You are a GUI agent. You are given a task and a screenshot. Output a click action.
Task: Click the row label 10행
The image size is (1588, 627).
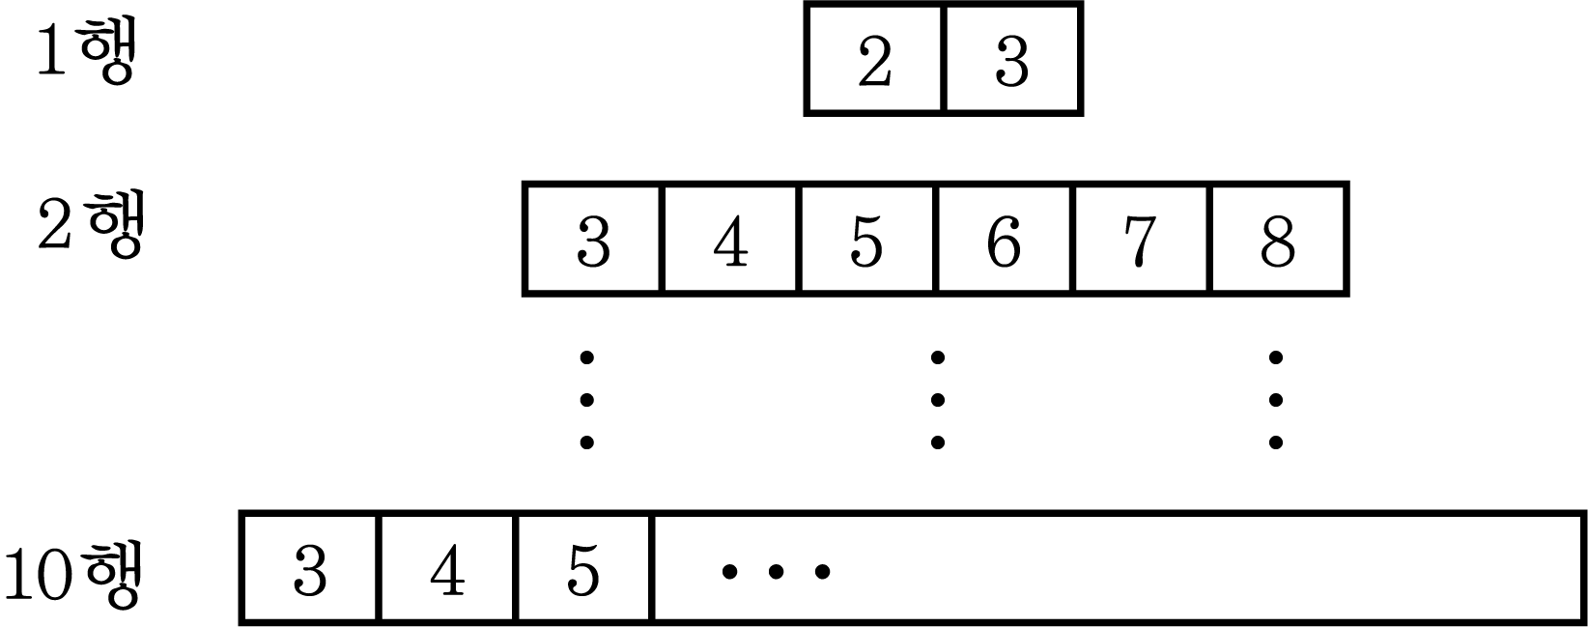coord(73,574)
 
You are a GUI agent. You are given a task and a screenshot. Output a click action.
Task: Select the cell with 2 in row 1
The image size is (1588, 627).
coord(875,59)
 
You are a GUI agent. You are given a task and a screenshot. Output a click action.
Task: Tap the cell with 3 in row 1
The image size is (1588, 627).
coord(1013,59)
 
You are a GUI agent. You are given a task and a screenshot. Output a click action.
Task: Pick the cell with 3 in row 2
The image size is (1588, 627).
coord(593,239)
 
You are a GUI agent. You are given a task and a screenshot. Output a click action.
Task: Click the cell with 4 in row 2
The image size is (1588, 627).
coord(729,239)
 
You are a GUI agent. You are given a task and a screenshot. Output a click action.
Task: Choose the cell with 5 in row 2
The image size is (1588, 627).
coord(866,239)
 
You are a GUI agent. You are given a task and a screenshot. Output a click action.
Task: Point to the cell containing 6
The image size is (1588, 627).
coord(1004,239)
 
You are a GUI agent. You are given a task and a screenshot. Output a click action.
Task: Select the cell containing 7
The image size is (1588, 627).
coord(1141,239)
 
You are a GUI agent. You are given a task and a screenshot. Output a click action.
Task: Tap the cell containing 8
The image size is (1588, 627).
coord(1278,239)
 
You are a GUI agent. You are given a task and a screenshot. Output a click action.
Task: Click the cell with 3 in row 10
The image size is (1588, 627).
coord(310,568)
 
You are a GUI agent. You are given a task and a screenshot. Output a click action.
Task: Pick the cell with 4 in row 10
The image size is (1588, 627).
coord(446,568)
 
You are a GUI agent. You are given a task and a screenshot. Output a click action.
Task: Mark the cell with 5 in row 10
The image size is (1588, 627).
coord(583,568)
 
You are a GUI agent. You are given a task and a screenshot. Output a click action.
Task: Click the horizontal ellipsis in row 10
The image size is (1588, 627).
coord(776,571)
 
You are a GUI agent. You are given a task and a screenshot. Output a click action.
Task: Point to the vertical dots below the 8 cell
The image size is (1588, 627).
coord(1275,400)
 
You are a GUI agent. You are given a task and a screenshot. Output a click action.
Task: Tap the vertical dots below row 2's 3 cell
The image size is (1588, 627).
coord(587,400)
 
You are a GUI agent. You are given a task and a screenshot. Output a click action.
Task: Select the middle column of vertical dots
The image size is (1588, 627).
coord(937,400)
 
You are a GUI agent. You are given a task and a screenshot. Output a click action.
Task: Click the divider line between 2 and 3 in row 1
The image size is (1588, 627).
coord(945,59)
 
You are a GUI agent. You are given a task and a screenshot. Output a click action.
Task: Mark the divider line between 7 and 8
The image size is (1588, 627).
coord(1209,239)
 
